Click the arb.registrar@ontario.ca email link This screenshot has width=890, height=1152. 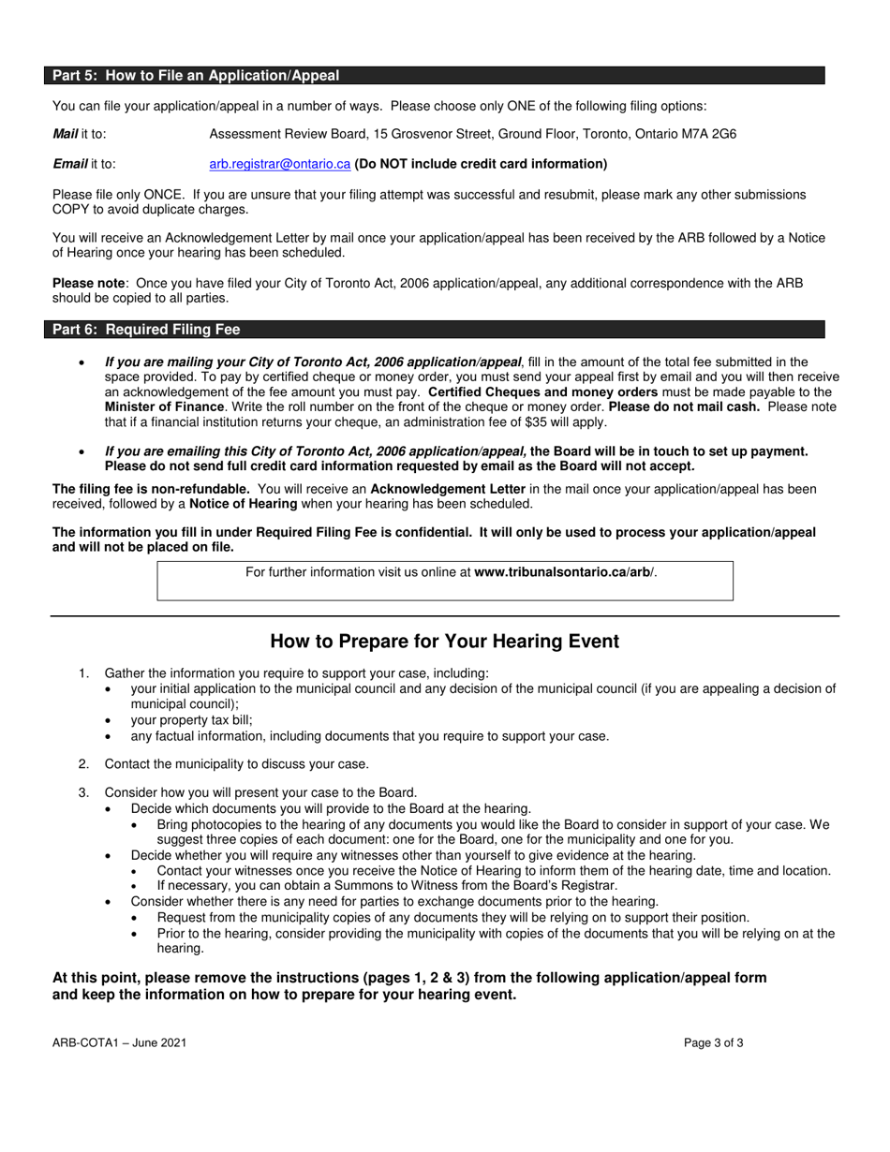[x=279, y=164]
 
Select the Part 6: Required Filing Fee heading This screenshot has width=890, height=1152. [x=146, y=330]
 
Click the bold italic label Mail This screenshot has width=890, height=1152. [x=65, y=134]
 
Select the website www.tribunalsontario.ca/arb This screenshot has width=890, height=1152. [x=564, y=572]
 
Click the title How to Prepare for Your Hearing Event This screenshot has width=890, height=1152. [x=444, y=642]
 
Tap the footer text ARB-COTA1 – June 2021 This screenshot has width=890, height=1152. [x=112, y=1042]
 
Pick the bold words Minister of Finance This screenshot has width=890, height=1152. [x=162, y=407]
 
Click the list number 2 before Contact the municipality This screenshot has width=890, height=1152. [x=83, y=763]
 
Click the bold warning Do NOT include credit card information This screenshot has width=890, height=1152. [x=481, y=164]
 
